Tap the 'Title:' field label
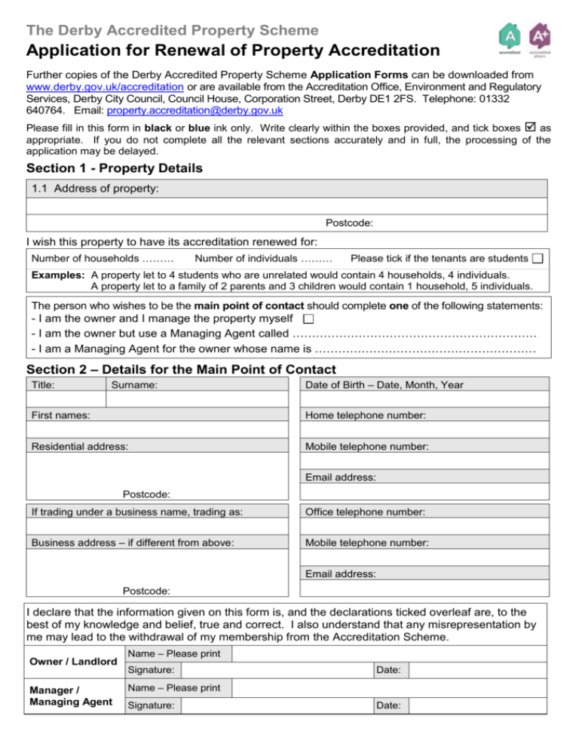[44, 386]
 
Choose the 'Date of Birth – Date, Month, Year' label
[384, 386]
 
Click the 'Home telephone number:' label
[365, 416]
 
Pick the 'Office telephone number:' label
[365, 512]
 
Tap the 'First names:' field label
[61, 416]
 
